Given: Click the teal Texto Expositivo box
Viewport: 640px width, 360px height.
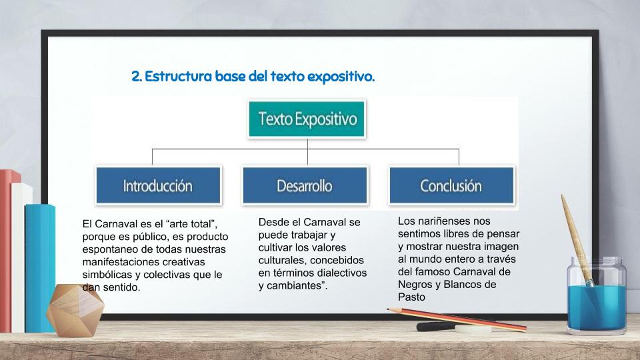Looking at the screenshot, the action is click(x=307, y=119).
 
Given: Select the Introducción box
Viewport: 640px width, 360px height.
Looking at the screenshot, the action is click(x=159, y=185).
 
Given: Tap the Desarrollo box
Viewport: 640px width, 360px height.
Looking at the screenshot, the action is click(x=305, y=185).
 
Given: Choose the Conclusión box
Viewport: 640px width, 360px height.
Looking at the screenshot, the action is click(x=451, y=185).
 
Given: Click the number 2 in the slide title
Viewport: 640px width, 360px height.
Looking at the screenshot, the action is click(x=136, y=76).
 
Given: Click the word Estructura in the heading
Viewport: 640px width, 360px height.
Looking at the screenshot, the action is click(x=179, y=76).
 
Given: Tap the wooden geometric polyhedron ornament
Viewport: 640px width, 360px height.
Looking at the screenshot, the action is click(x=75, y=310).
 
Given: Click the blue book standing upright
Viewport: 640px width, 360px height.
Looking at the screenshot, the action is click(x=39, y=268).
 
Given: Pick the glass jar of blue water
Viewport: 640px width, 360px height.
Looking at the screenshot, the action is click(x=596, y=295).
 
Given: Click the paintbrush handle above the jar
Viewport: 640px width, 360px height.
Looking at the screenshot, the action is click(x=575, y=237).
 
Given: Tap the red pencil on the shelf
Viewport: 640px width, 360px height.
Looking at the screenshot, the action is click(x=457, y=319).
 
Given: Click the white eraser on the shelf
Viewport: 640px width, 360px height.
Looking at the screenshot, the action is click(x=473, y=329).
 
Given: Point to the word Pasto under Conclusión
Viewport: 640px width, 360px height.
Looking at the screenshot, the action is click(x=411, y=297).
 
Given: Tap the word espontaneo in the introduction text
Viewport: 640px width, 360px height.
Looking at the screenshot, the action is click(x=109, y=249).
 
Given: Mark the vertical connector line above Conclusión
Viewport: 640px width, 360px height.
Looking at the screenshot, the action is click(x=459, y=157).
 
